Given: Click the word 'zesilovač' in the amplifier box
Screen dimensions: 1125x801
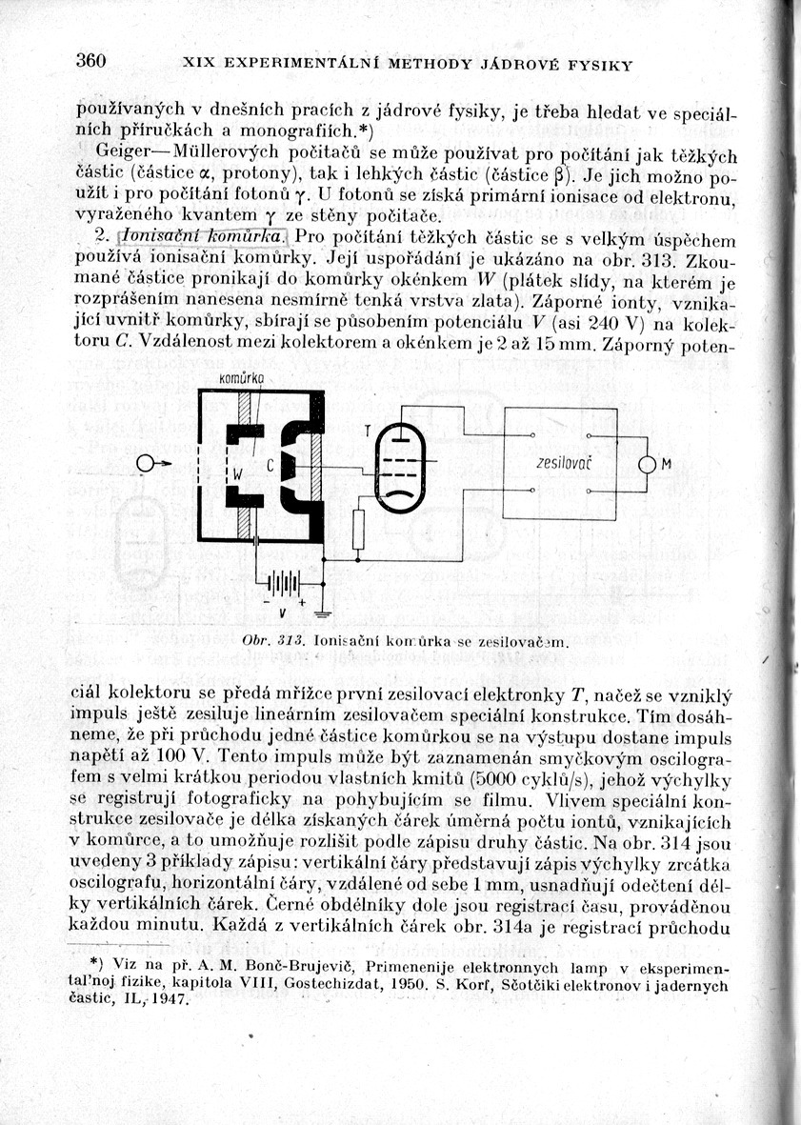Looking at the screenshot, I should point(559,463).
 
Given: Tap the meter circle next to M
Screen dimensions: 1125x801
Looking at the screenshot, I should point(648,465).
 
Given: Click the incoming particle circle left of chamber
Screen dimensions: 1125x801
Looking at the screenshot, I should point(146,463).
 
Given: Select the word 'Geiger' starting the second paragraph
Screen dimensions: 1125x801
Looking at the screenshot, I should point(125,154).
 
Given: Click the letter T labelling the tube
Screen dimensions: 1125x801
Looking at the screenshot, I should point(368,431).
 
